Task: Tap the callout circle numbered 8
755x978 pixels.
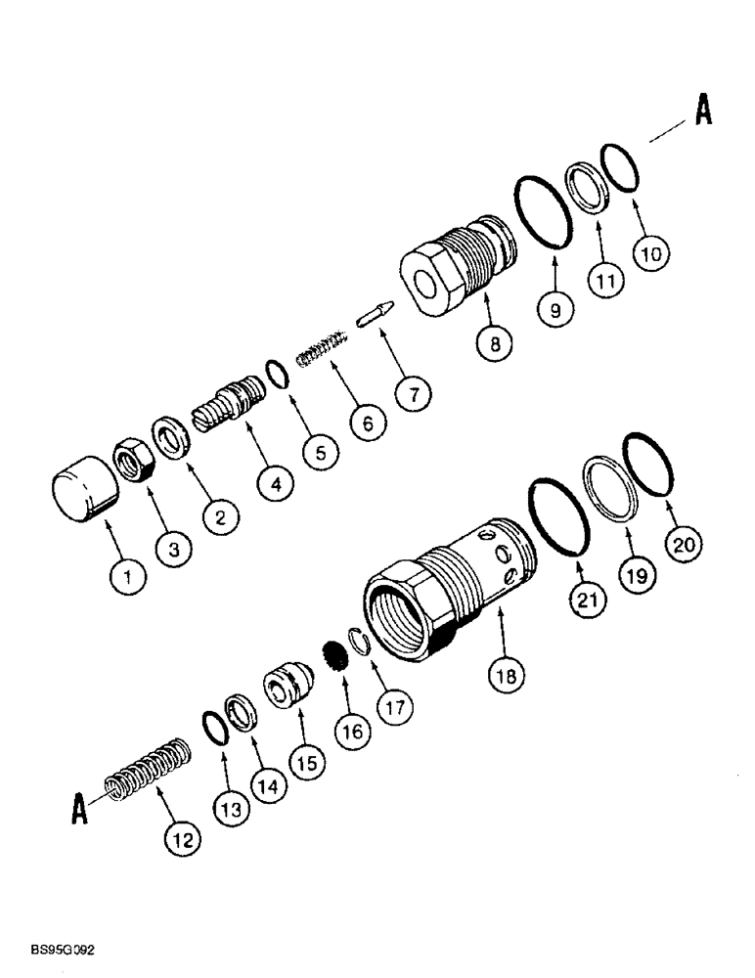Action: click(495, 344)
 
